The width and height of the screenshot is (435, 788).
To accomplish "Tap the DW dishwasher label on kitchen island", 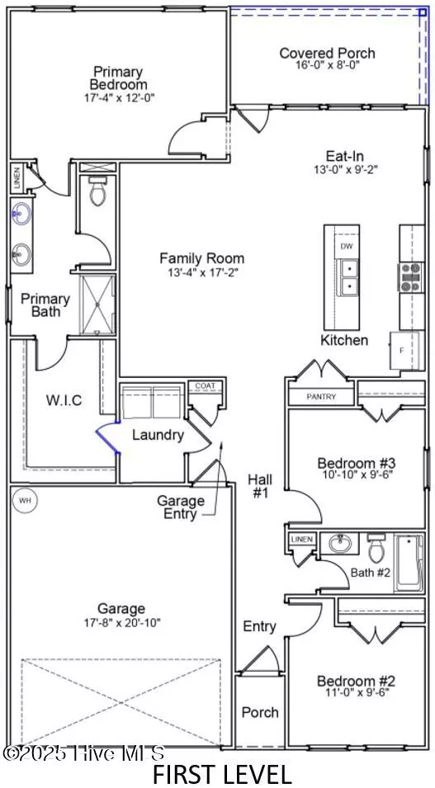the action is (347, 246).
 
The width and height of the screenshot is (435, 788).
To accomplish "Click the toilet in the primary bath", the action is (97, 191).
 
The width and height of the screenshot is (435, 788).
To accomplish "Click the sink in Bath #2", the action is (343, 543).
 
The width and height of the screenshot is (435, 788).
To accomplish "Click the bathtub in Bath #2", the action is (409, 563).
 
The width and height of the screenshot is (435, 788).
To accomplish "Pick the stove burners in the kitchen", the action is (409, 277).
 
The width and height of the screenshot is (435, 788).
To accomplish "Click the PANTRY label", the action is (321, 397).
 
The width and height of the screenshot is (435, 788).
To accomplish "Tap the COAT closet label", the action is (206, 386).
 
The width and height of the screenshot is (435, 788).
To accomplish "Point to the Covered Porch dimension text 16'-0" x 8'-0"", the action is (328, 66).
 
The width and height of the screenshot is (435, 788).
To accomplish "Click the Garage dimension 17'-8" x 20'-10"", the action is (121, 624).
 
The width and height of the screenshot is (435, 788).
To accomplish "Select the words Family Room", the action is (202, 259).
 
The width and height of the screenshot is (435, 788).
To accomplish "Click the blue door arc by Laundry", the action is (106, 436).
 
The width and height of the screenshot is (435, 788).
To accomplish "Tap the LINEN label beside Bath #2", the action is (302, 540).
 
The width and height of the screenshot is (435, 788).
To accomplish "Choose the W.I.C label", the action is (64, 400).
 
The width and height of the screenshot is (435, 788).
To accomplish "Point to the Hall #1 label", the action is (259, 486).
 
